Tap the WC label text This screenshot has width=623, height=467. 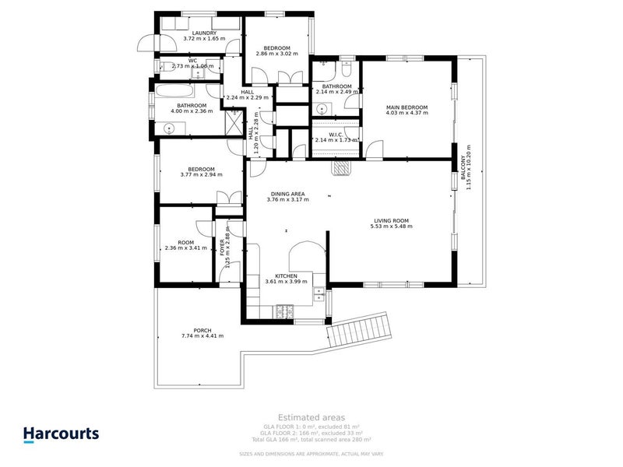pyautogui.click(x=192, y=60)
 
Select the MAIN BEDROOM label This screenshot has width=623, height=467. pyautogui.click(x=407, y=107)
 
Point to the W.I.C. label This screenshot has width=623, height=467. pyautogui.click(x=336, y=134)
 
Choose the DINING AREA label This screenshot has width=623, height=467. pyautogui.click(x=287, y=194)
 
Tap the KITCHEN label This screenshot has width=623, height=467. pyautogui.click(x=281, y=276)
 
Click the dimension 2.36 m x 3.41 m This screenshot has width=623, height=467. pyautogui.click(x=185, y=248)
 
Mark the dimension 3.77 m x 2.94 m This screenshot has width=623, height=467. pyautogui.click(x=200, y=174)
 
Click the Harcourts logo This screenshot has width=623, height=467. pyautogui.click(x=60, y=434)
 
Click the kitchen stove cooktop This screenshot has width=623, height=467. pyautogui.click(x=283, y=312)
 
